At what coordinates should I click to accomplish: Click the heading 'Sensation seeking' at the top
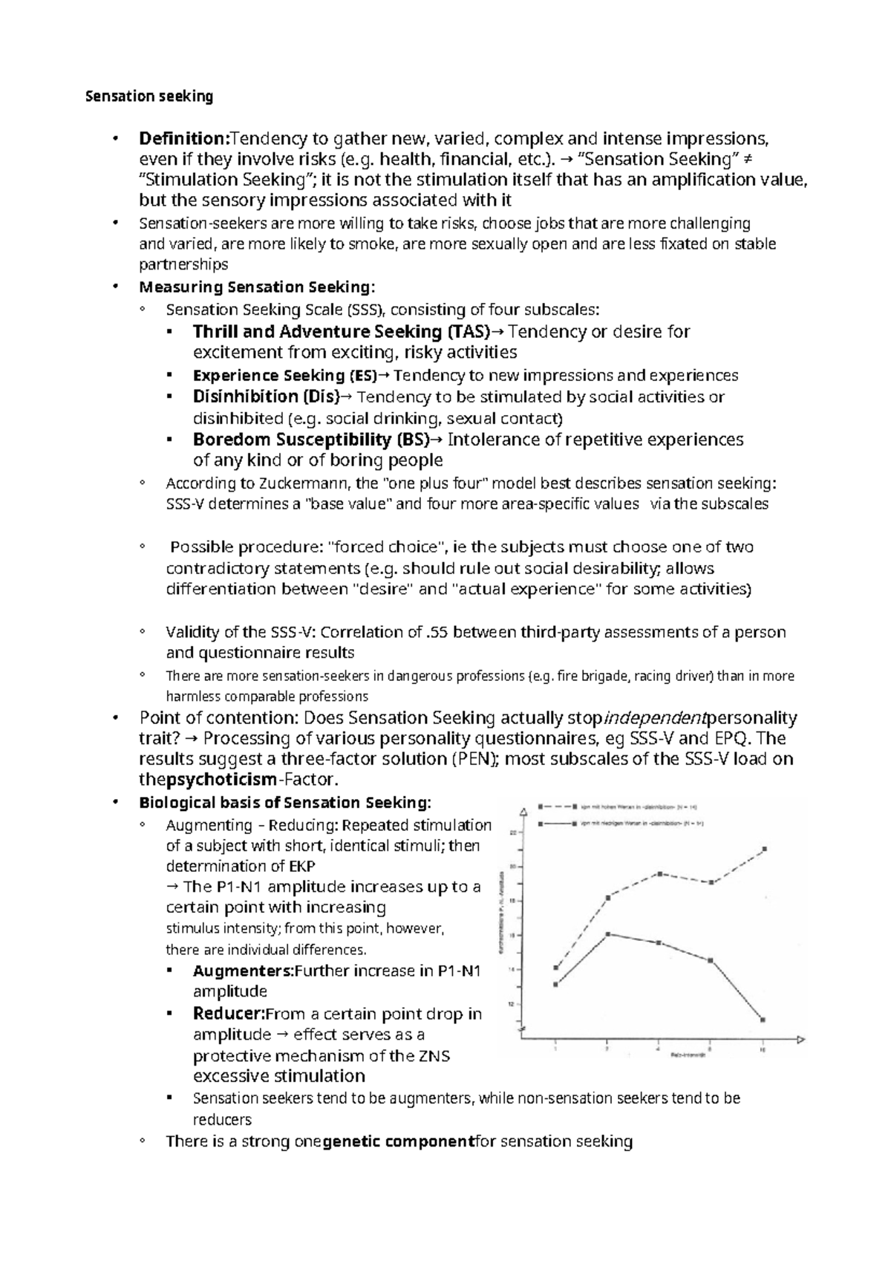(149, 96)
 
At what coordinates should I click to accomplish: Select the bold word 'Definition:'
(185, 138)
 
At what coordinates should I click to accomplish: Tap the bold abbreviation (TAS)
(469, 331)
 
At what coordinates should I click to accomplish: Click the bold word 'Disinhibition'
(245, 397)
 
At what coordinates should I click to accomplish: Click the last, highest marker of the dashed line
(764, 848)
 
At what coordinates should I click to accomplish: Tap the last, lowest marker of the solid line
(763, 1020)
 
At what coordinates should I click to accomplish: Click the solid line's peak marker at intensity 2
(607, 934)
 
